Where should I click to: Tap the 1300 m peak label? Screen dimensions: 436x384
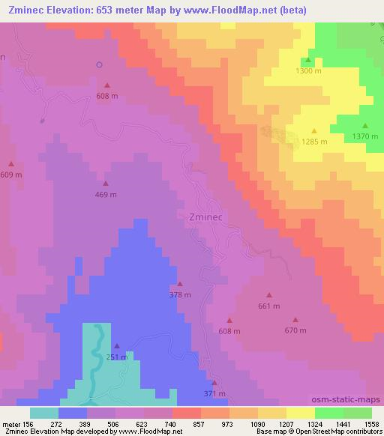(307, 70)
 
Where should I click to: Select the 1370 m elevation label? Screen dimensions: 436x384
(364, 136)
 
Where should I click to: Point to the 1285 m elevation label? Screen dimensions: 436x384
(314, 141)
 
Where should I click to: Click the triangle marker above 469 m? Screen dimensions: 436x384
(106, 184)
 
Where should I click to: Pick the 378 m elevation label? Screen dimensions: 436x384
(180, 294)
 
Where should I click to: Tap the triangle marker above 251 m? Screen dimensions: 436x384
(116, 345)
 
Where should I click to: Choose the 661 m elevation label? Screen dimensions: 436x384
(268, 306)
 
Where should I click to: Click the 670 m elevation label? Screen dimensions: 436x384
(295, 330)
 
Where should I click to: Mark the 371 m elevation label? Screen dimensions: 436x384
(214, 393)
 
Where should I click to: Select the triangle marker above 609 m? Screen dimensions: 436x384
(11, 163)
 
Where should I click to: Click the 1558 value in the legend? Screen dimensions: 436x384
(372, 423)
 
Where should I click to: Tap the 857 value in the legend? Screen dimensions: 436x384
(201, 423)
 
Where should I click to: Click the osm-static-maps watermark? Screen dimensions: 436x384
(352, 400)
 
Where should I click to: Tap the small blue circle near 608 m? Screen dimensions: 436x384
(99, 64)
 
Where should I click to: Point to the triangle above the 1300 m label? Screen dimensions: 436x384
(307, 60)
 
